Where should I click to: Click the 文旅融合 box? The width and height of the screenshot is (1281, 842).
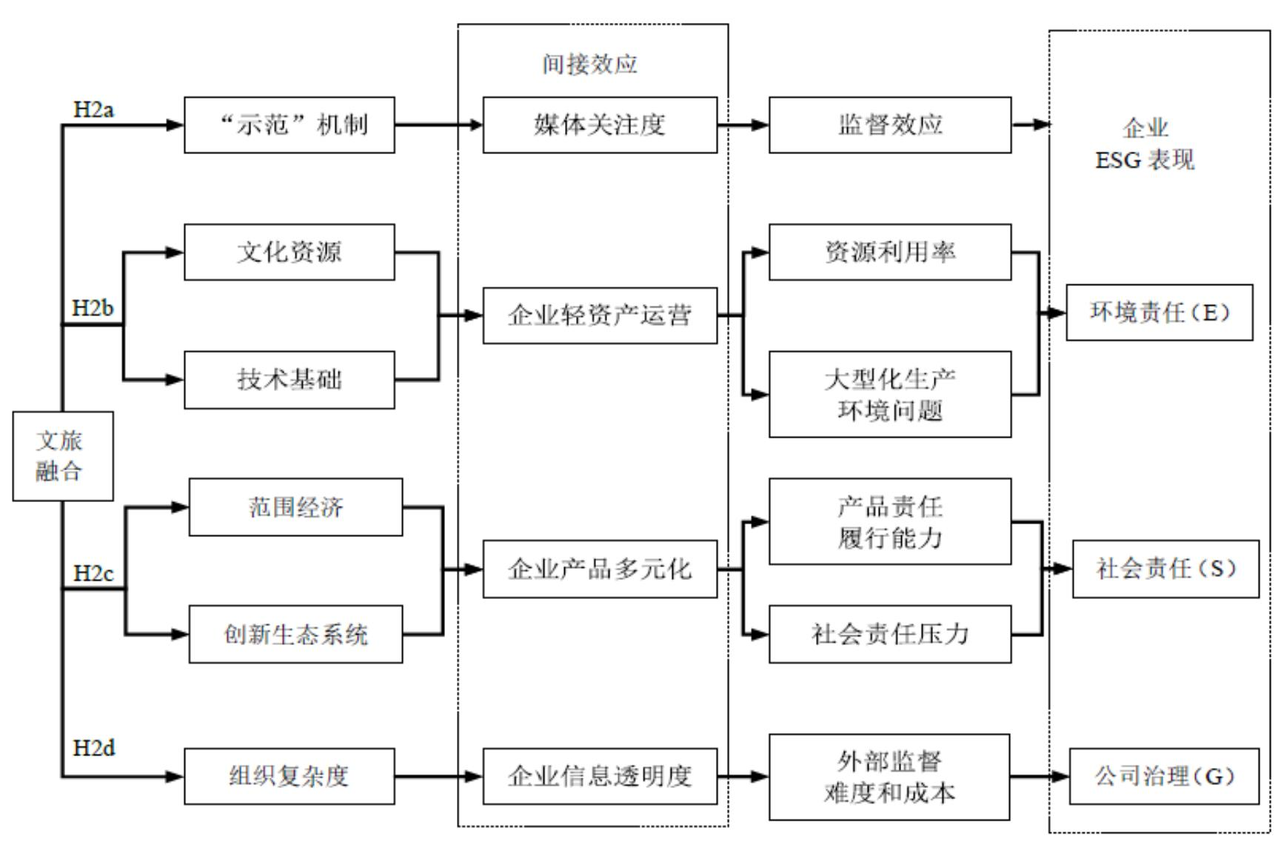click(63, 455)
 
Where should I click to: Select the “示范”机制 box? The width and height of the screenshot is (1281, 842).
click(289, 124)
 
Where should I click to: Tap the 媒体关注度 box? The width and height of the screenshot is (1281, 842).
click(600, 124)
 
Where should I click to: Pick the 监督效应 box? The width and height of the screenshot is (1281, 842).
click(889, 124)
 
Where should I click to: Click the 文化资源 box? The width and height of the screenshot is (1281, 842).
click(289, 252)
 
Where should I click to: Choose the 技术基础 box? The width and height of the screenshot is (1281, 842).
click(289, 379)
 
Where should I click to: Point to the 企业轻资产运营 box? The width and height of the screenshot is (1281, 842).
click(600, 315)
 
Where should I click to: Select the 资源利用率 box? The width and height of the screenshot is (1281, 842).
click(889, 252)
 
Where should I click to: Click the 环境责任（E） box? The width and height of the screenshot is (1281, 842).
click(1159, 313)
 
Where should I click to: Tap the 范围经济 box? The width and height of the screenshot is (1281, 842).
click(295, 507)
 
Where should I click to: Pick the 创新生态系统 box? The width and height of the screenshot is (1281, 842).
click(295, 634)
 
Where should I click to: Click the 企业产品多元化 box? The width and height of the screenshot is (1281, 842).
click(600, 569)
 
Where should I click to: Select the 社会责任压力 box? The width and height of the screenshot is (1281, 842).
click(889, 634)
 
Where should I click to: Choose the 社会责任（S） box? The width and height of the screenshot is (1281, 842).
click(1165, 569)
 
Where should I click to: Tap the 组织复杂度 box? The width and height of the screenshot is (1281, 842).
click(289, 776)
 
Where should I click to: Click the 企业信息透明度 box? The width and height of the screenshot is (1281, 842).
click(600, 776)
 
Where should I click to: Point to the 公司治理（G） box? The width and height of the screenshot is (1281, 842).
click(1164, 776)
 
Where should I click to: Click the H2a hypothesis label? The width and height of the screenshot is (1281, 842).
click(94, 110)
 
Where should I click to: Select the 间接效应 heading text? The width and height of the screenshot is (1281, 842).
click(589, 64)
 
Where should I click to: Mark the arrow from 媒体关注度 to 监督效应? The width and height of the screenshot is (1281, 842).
click(743, 124)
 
